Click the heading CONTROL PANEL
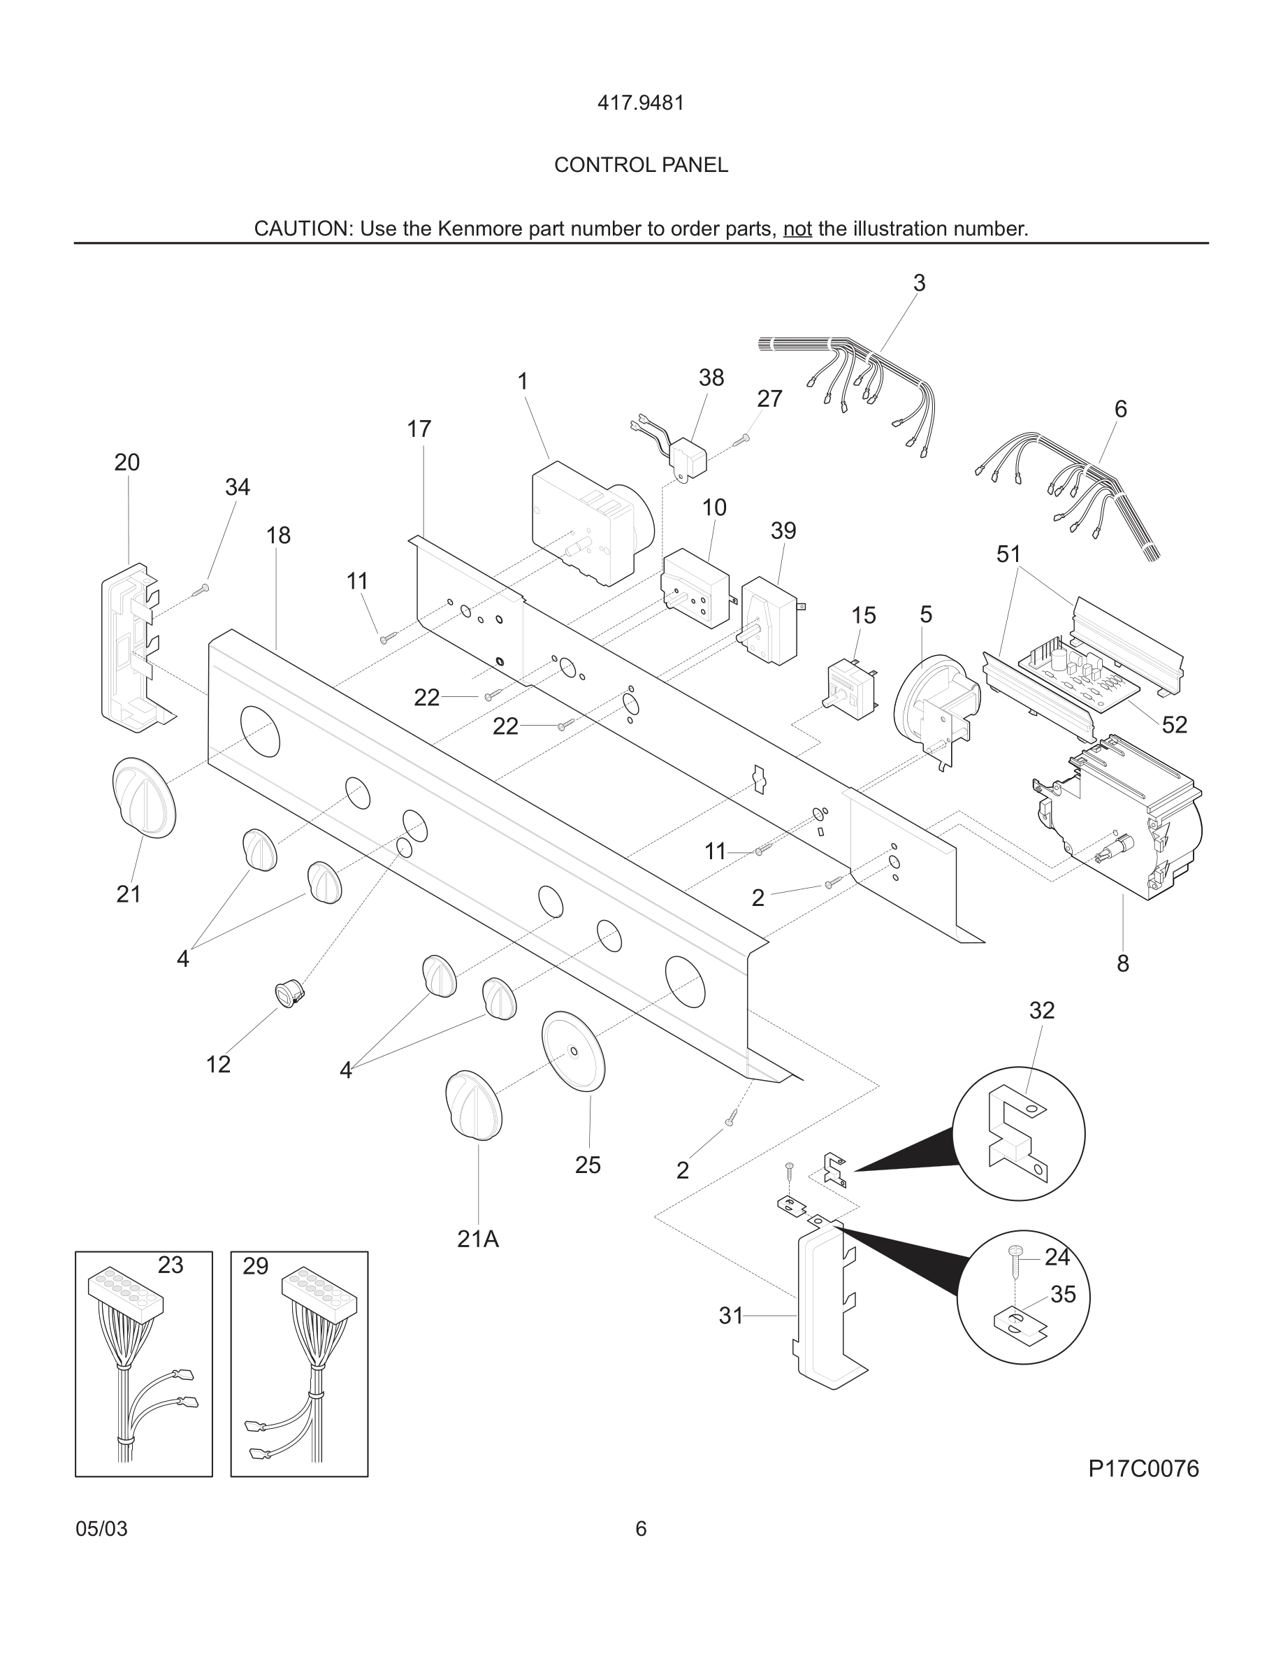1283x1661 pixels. coord(641,165)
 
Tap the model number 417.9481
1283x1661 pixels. coord(641,103)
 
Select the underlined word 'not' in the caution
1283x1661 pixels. coord(797,229)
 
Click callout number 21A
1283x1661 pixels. coord(477,1239)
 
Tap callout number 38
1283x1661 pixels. coord(711,377)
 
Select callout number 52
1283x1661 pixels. coord(1173,725)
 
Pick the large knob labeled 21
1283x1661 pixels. coord(144,798)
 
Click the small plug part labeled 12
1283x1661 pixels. coord(288,993)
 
